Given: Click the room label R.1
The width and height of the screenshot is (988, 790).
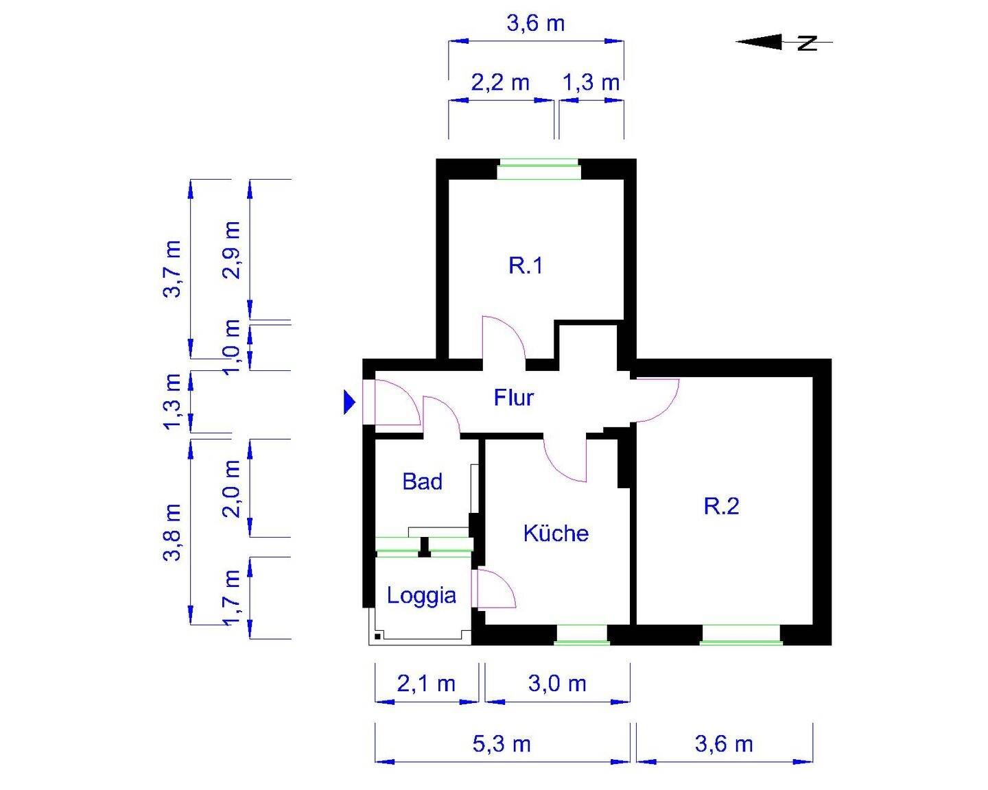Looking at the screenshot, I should pos(526,265).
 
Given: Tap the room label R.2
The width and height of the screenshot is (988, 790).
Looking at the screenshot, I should pos(722,507).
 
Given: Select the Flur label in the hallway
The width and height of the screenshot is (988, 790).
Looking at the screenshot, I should pos(513,398).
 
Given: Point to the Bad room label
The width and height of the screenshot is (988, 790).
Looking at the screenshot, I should pos(422,482).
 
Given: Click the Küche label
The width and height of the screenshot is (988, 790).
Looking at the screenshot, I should pos(556,534).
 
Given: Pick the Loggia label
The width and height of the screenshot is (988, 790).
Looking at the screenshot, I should pos(421,595).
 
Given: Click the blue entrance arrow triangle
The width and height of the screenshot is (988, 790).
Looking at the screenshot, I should pos(349,403).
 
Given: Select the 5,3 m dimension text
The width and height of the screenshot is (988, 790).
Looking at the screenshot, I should pos(502,744).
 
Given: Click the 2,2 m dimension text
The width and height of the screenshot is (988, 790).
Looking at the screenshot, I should pos(500,83).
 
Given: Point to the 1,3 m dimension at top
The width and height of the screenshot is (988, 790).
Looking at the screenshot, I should pos(591,83).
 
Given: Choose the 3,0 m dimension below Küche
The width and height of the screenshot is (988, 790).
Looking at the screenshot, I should pos(557,684).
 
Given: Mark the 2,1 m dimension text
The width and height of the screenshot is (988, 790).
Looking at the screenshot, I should pos(426,684).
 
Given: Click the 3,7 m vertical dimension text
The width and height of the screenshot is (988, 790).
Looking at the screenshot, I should pos(172,269).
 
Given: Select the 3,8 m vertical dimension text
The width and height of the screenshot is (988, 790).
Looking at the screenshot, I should pos(172,532).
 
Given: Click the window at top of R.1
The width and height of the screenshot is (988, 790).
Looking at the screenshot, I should pos(539,169).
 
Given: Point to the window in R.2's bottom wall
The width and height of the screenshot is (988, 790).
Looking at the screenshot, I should pos(741,635).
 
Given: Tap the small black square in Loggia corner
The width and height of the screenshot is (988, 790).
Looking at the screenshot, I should pos(377,636).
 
